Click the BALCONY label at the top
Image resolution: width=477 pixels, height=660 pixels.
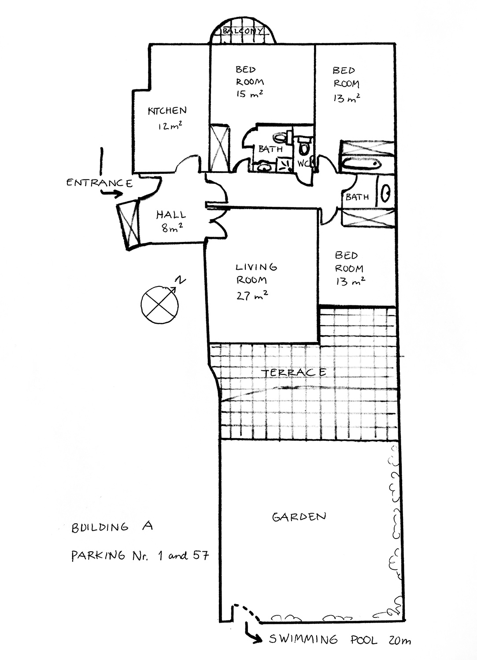click(243, 32)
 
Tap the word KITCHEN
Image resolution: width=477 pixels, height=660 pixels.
click(167, 111)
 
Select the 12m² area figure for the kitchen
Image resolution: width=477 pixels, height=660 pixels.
click(170, 127)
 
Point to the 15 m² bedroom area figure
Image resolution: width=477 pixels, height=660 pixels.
click(249, 94)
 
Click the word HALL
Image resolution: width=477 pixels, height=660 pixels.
click(171, 215)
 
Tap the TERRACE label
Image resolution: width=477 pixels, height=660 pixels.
click(294, 373)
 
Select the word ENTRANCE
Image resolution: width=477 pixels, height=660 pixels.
click(99, 183)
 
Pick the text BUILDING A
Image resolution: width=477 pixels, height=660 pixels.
click(111, 527)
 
